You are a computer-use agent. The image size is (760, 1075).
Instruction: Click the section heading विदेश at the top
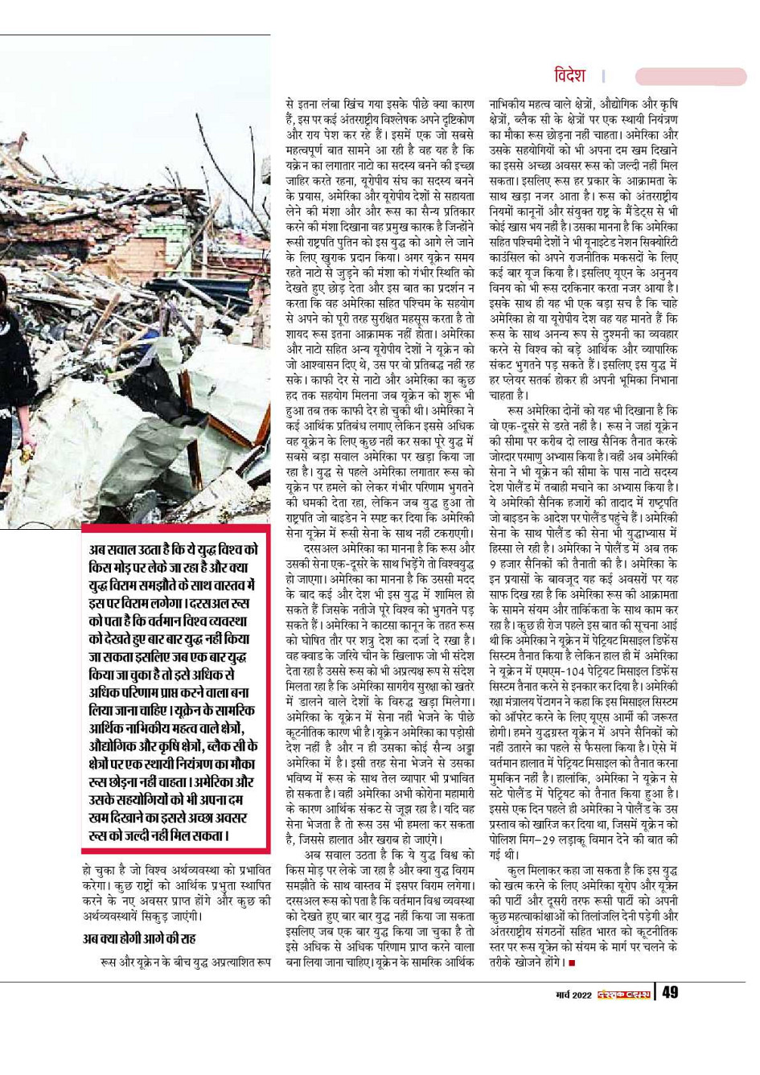(569, 76)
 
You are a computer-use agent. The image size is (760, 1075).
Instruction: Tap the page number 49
(670, 992)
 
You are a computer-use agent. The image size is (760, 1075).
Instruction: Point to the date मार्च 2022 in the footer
(573, 995)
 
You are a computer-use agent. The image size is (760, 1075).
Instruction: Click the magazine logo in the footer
(624, 994)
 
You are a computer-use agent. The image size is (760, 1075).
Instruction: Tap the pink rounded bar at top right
(690, 76)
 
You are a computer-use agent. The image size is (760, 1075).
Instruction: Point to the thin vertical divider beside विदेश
(603, 76)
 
